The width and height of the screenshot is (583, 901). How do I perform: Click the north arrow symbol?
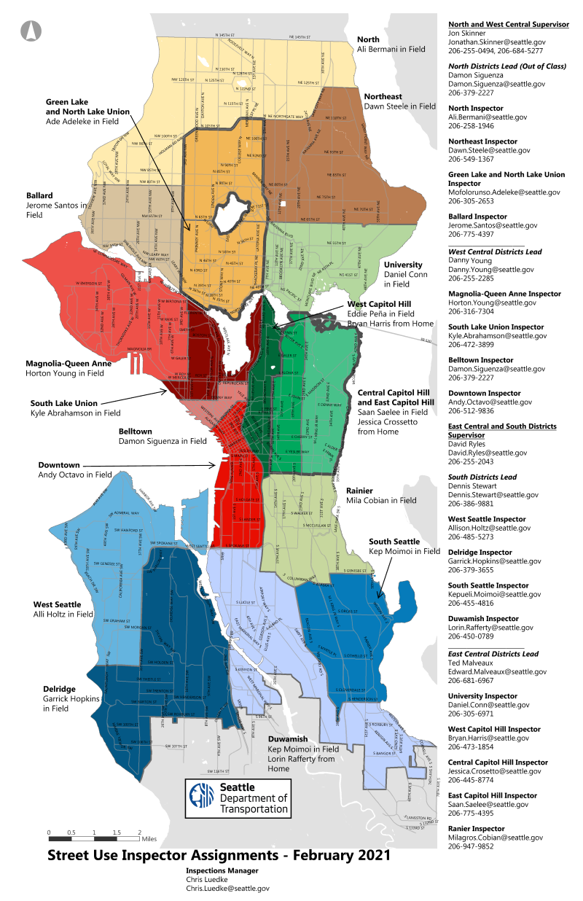(x=32, y=31)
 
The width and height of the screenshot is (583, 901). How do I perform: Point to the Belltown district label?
(x=139, y=431)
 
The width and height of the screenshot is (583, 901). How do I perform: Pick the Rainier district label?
(x=360, y=490)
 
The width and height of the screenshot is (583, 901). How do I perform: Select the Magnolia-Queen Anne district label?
(x=69, y=362)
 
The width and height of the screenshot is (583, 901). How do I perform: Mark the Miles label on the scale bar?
(x=149, y=839)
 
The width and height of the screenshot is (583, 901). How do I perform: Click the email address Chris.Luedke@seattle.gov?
(x=227, y=889)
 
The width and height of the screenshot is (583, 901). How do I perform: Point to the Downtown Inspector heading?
(x=484, y=393)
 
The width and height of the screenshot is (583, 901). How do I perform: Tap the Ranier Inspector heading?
(x=476, y=829)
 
